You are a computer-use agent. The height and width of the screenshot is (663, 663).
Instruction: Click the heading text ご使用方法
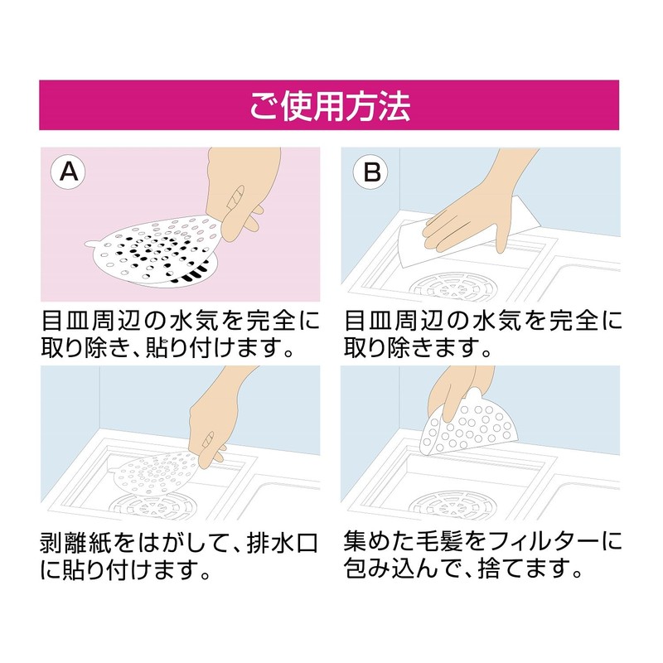click(x=329, y=106)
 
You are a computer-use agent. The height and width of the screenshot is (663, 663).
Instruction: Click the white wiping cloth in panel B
click(x=414, y=240)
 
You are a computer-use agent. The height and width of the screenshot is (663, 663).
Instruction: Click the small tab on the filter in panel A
click(x=93, y=244)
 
